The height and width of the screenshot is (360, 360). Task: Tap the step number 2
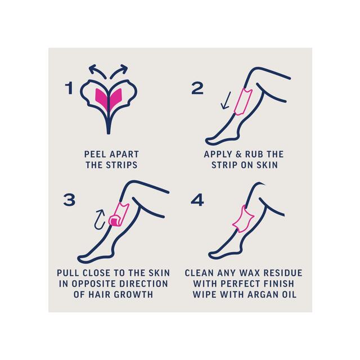[197, 88]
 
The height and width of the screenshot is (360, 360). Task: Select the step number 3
[69, 200]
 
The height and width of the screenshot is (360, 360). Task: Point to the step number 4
[197, 200]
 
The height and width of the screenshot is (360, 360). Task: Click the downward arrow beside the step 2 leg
[226, 101]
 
